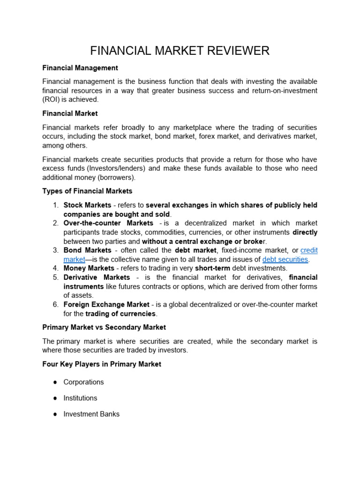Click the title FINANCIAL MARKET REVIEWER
(x=180, y=51)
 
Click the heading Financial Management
(x=80, y=68)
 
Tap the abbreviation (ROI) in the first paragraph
(x=51, y=99)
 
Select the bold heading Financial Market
(x=70, y=113)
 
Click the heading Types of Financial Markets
(x=87, y=191)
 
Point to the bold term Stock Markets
(x=87, y=205)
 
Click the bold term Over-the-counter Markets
(x=108, y=223)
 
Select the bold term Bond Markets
(x=87, y=250)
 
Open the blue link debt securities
(x=285, y=259)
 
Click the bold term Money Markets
(x=89, y=268)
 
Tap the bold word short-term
(x=216, y=268)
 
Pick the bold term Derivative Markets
(x=97, y=277)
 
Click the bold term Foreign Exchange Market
(x=106, y=305)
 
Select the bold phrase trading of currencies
(x=120, y=314)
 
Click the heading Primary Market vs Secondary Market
(x=104, y=327)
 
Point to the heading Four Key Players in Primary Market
(x=102, y=364)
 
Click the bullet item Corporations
(x=84, y=382)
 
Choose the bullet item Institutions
(x=81, y=398)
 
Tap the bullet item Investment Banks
(x=91, y=414)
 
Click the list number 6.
(x=55, y=305)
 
